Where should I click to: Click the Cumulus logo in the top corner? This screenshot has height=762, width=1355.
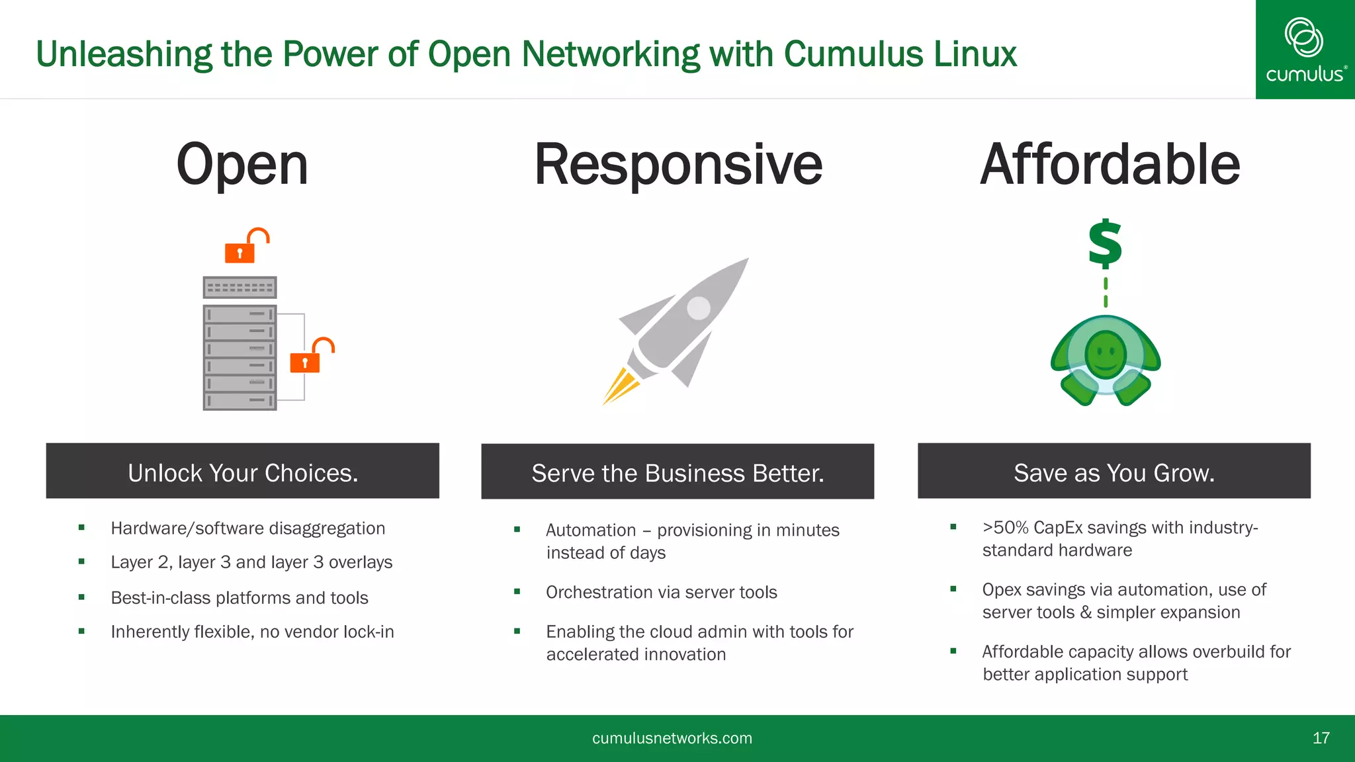click(1304, 50)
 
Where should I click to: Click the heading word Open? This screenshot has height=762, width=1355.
click(242, 165)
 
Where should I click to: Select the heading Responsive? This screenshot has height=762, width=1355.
click(678, 165)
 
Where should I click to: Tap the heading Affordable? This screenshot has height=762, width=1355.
click(1110, 165)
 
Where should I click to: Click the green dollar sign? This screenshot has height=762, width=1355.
click(1105, 244)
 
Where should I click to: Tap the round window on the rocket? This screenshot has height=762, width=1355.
click(698, 308)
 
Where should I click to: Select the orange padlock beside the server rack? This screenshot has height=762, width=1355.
click(310, 357)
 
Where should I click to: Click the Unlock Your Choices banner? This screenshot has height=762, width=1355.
click(242, 472)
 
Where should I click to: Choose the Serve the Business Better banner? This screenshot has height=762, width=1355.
click(677, 472)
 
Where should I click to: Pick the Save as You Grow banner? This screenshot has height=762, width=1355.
click(1114, 472)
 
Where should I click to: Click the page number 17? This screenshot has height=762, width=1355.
click(1321, 738)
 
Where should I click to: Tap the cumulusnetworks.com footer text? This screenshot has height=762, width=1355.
click(672, 738)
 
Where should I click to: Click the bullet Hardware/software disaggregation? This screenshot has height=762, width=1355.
click(247, 529)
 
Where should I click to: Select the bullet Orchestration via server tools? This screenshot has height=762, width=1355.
click(661, 592)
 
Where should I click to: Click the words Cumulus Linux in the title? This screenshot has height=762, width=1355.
click(900, 54)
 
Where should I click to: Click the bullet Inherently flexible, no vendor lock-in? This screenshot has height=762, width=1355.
click(252, 632)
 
